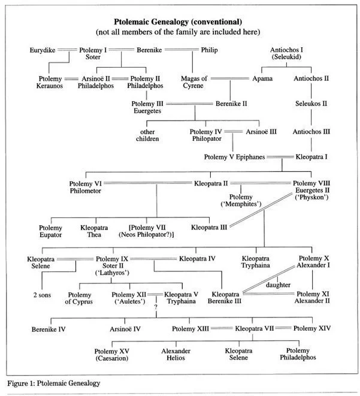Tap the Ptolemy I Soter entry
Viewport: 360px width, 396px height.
point(93,55)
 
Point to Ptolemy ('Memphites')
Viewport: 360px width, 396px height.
point(243,201)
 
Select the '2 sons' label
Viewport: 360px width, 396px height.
point(43,295)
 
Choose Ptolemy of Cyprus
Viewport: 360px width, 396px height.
point(79,298)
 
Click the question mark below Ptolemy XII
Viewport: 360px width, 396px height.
point(155,308)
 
